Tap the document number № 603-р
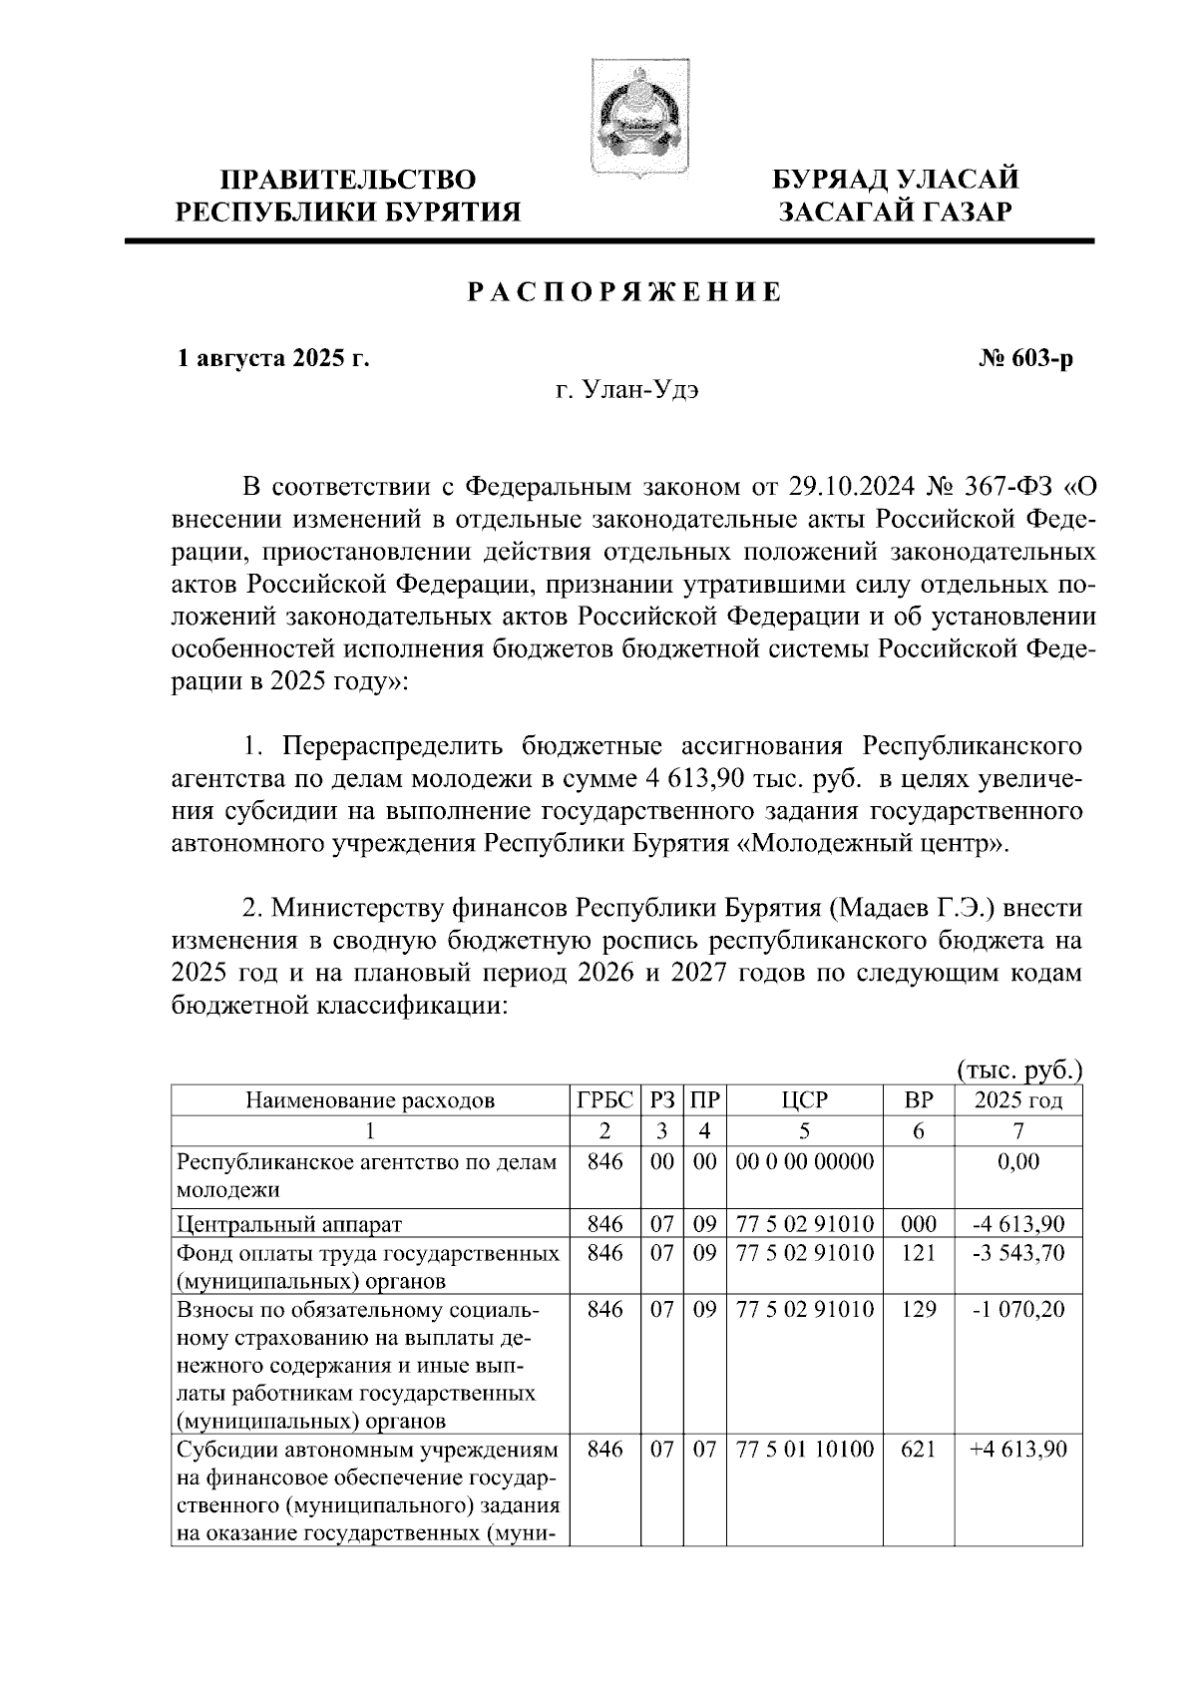point(1025,359)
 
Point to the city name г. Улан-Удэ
point(627,390)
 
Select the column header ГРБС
point(604,1101)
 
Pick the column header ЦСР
point(805,1101)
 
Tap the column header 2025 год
point(1017,1101)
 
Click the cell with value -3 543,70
point(1017,1253)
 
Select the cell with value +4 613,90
point(1017,1449)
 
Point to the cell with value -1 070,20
point(1017,1309)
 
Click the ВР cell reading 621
point(918,1449)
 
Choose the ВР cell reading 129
point(918,1309)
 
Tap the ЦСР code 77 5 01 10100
point(805,1449)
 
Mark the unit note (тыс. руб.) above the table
point(1019,1070)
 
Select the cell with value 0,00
point(1017,1162)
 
